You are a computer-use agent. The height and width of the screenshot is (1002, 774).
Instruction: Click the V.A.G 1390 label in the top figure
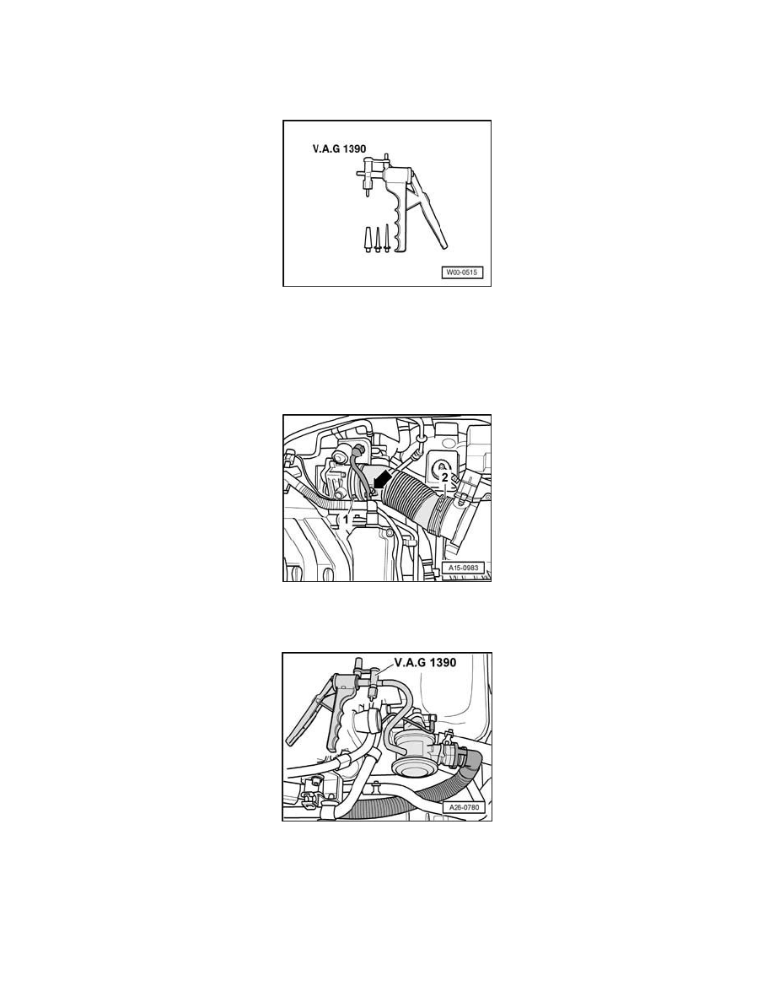click(335, 156)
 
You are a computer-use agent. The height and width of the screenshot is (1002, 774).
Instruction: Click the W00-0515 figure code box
click(461, 272)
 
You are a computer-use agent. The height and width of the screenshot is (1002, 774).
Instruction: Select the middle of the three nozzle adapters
click(377, 239)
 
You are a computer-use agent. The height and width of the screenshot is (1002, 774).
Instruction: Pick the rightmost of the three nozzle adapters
click(387, 239)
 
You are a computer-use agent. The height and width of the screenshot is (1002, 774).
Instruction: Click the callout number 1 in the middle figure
click(345, 521)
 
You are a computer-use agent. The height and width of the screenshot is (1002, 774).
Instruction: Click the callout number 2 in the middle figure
click(444, 477)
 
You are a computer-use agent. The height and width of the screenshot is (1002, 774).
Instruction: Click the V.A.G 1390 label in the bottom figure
click(419, 663)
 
